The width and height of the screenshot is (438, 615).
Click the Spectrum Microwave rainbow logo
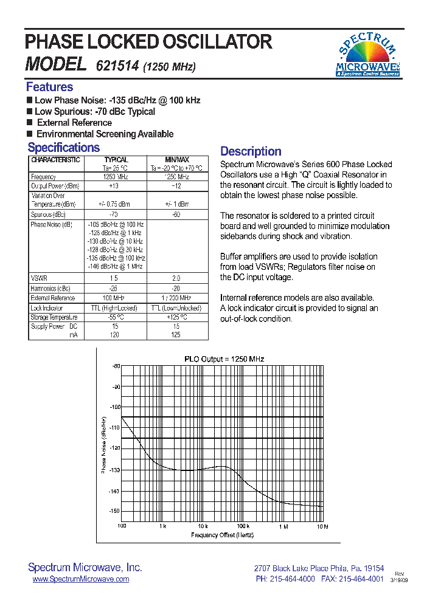368,54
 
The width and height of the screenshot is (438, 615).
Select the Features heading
49,87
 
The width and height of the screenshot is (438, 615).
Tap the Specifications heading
63,148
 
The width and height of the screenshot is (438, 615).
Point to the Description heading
251,151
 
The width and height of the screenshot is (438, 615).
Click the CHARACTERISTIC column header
55,160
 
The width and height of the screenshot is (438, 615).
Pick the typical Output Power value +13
114,186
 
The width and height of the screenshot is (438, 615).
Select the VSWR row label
38,278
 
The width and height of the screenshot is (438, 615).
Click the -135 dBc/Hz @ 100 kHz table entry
115,258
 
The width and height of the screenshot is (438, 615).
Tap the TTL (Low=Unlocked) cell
176,308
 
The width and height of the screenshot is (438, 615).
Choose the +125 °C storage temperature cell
176,317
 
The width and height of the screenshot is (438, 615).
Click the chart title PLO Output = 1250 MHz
224,359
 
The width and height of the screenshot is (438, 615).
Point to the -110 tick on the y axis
114,428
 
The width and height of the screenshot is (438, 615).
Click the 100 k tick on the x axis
243,526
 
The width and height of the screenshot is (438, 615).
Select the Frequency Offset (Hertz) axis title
222,535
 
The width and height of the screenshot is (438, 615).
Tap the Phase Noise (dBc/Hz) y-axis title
103,445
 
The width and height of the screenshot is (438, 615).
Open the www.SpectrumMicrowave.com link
80,579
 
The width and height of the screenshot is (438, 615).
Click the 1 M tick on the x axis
283,526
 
